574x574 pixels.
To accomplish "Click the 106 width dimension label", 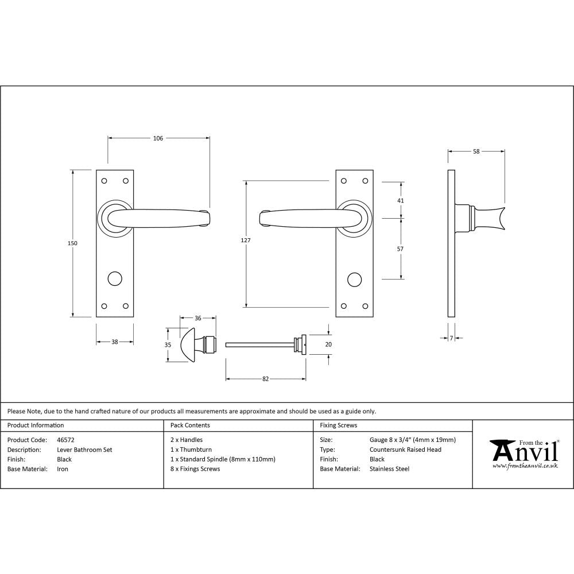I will point(158,138).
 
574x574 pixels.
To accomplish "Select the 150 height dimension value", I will point(72,243).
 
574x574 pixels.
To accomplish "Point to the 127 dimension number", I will point(246,241).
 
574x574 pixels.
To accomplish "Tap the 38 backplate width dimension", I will point(114,342).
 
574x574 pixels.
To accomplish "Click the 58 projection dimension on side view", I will point(476,152).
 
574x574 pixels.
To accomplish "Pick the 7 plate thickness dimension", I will point(451,339).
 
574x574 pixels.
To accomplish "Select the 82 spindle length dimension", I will point(265,379).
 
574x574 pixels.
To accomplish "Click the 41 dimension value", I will point(401,200).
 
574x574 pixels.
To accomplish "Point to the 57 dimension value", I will point(401,249).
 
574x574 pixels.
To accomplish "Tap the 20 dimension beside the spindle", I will point(328,344).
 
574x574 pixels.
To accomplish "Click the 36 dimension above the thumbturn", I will point(198,318).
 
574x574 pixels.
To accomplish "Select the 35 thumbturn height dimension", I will point(168,344).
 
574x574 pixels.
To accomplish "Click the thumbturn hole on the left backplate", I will point(115,280).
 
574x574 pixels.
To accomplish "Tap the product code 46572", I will point(66,440).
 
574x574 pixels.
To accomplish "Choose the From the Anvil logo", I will point(523,453).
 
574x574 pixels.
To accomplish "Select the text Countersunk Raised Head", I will point(405,449).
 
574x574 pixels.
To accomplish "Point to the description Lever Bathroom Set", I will point(84,449).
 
